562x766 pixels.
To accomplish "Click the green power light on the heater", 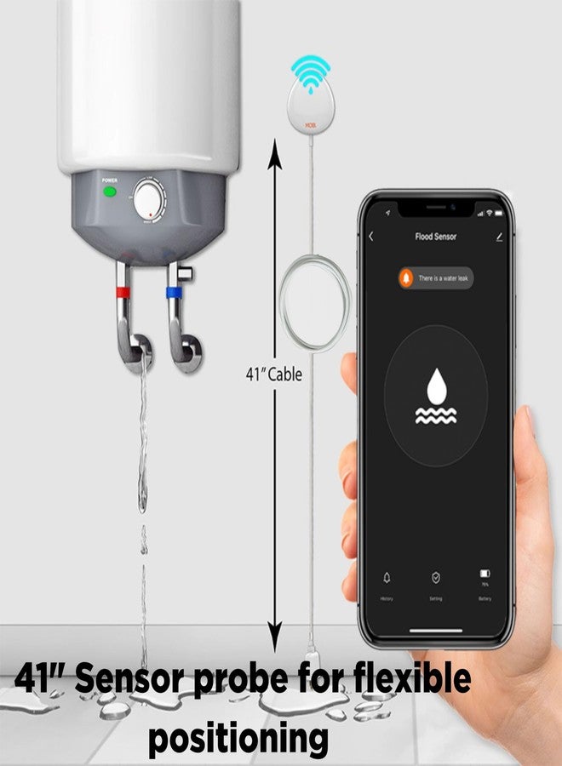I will [109, 191].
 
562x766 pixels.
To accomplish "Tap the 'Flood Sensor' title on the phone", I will [435, 237].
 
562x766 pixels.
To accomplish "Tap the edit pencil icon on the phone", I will [499, 237].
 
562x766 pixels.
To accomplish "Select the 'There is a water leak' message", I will [444, 278].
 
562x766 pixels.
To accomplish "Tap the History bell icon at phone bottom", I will [387, 578].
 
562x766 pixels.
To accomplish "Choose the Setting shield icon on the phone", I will [435, 578].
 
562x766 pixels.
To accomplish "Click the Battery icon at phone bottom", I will [485, 574].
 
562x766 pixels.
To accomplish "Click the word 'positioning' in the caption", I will [238, 739].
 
